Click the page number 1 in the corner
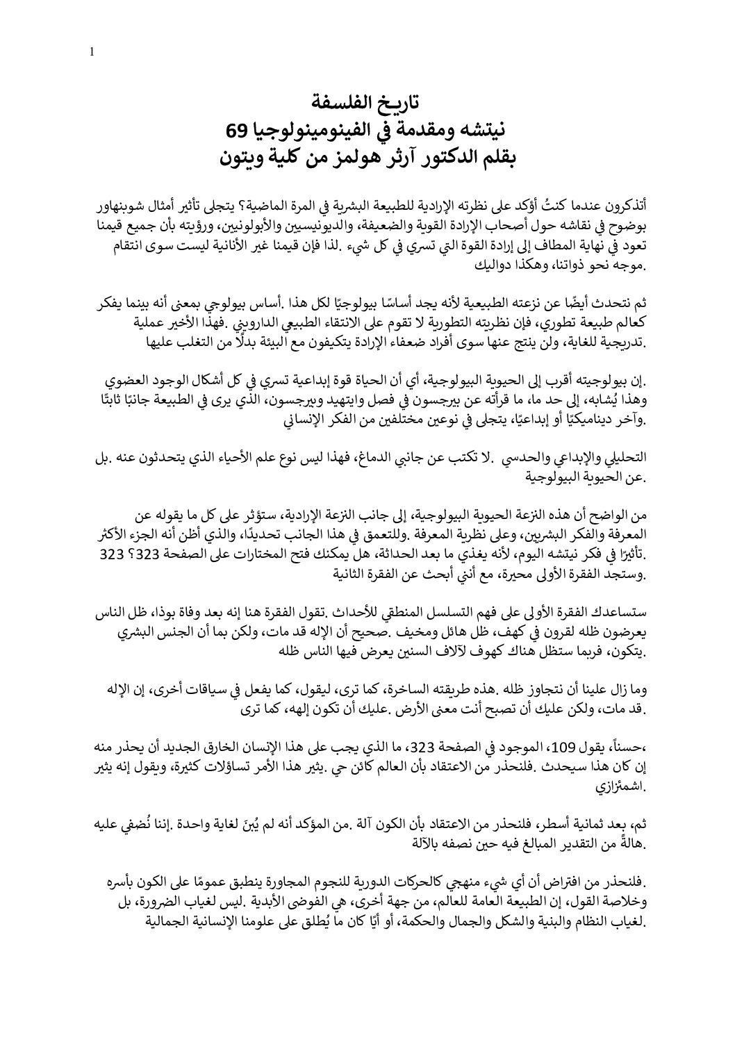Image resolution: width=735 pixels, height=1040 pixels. pos(92,51)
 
